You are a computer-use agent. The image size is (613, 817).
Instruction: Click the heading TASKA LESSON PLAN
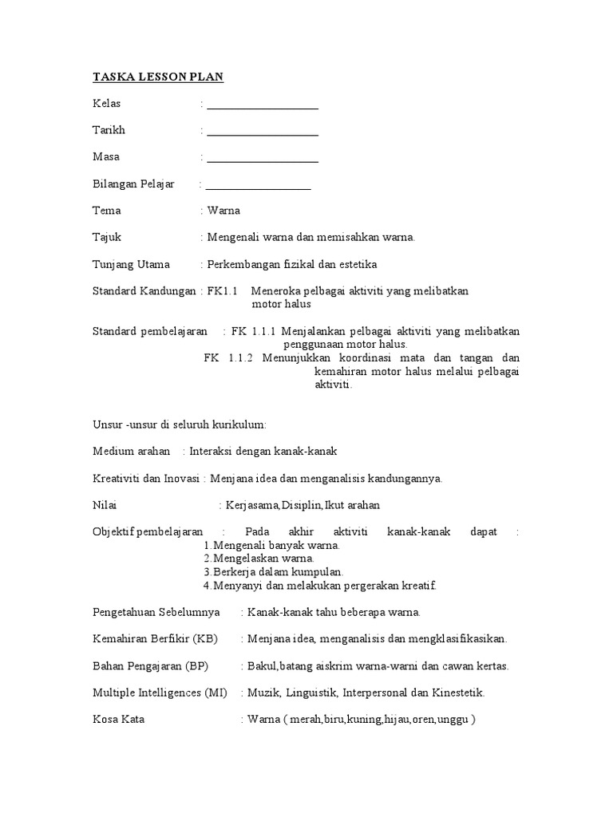[x=158, y=77]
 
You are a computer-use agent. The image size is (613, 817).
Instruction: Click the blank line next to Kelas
[x=262, y=107]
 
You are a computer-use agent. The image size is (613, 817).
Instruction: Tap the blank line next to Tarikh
[x=262, y=133]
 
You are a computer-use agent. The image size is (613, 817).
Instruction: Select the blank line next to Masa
[x=262, y=160]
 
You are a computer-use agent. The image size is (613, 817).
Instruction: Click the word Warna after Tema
[x=223, y=211]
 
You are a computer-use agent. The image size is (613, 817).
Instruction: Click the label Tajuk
[x=107, y=238]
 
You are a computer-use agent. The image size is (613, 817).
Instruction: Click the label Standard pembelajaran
[x=150, y=331]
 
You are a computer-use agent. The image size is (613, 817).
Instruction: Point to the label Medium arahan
[x=132, y=452]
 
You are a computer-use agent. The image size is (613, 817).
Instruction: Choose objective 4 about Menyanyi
[x=319, y=586]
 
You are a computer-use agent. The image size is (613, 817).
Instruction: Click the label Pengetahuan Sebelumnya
[x=156, y=612]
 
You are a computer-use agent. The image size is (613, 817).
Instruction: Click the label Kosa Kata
[x=119, y=720]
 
